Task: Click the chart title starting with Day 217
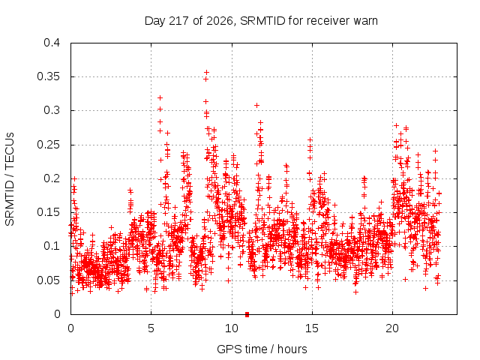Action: click(x=261, y=21)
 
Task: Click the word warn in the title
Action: click(x=365, y=21)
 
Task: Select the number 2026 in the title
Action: click(x=220, y=21)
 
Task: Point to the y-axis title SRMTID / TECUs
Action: click(x=10, y=179)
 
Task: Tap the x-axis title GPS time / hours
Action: click(x=262, y=349)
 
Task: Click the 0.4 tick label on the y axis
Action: click(x=52, y=43)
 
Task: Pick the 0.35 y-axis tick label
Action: click(x=48, y=76)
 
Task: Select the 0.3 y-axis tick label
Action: click(x=52, y=110)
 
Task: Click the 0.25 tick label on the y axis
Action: click(x=48, y=145)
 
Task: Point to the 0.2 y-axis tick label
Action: click(x=52, y=178)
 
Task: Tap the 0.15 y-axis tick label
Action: click(x=48, y=212)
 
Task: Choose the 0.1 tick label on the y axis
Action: click(x=52, y=246)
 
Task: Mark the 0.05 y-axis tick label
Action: click(x=48, y=280)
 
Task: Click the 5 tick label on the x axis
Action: click(x=151, y=328)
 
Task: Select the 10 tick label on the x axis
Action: click(x=232, y=328)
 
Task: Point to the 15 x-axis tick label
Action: click(x=312, y=328)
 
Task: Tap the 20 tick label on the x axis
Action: click(x=392, y=328)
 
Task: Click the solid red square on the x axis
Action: click(x=247, y=314)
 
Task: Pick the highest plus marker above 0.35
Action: click(x=207, y=72)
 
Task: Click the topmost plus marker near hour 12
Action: click(x=256, y=105)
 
